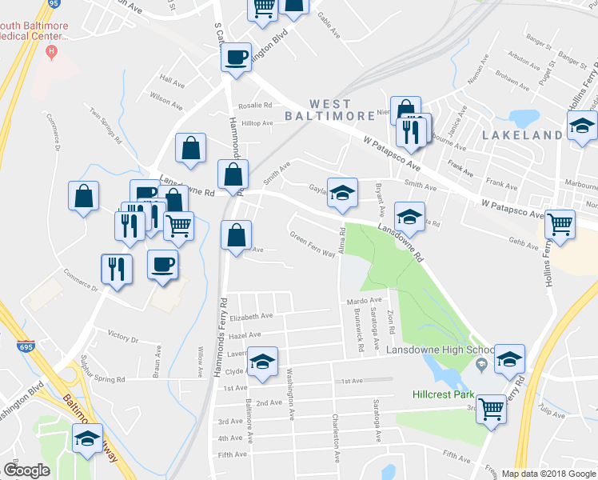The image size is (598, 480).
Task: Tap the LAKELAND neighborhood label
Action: [x=523, y=136]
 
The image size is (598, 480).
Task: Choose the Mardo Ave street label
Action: [x=365, y=301]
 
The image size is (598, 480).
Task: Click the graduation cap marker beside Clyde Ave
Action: [x=262, y=362]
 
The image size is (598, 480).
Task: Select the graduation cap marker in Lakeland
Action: [x=583, y=126]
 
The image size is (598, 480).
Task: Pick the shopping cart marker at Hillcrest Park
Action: [x=491, y=410]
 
